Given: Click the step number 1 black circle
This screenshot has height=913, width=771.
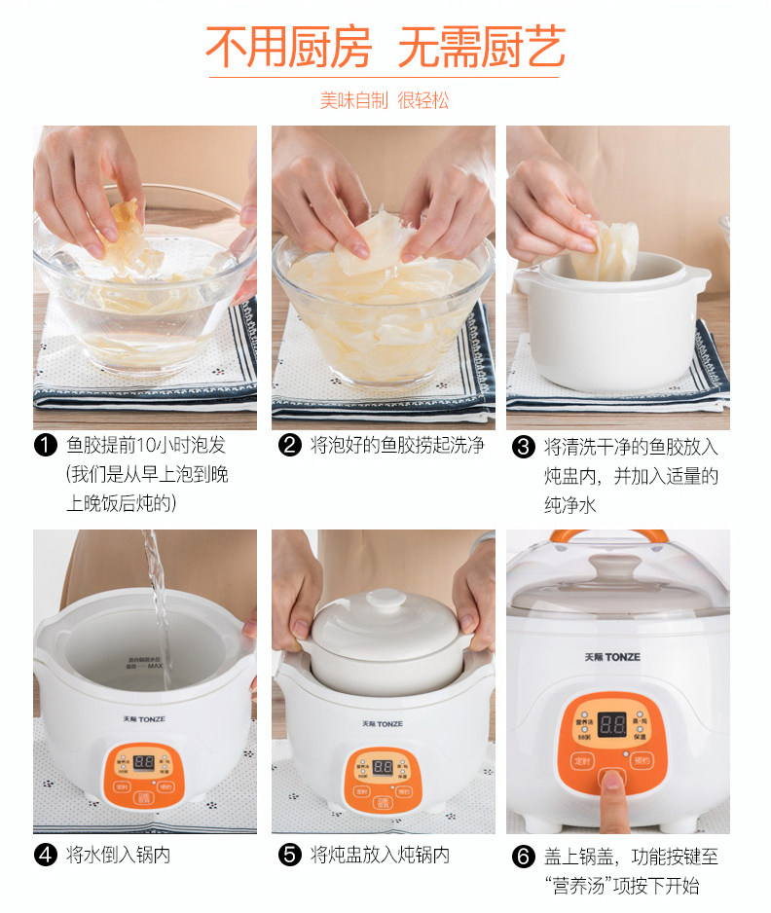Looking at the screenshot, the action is [46, 446].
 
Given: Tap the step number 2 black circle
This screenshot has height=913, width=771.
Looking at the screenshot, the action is [289, 446].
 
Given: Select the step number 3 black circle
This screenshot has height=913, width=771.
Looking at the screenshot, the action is [523, 447].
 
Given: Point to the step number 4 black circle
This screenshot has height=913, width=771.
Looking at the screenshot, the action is [46, 855].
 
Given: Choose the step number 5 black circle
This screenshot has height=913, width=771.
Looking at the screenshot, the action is [289, 855].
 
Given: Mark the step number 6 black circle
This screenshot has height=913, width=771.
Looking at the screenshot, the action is [523, 857].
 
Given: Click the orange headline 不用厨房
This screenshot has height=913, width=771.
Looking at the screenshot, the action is [289, 47].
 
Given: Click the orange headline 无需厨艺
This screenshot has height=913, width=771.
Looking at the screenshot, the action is [482, 47].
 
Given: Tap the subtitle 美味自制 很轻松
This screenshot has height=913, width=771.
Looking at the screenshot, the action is [385, 100].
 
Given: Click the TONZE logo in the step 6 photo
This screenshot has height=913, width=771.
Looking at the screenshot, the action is [612, 657].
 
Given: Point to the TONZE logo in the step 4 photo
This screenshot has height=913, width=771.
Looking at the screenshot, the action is [144, 719].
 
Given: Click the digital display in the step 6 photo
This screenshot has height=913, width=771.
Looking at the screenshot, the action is [612, 725].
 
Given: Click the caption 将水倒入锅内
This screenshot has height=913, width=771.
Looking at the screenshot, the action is [118, 855].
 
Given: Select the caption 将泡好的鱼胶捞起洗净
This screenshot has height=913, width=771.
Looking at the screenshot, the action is [397, 446].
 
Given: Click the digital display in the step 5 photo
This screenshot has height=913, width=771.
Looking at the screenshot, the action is [383, 767].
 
